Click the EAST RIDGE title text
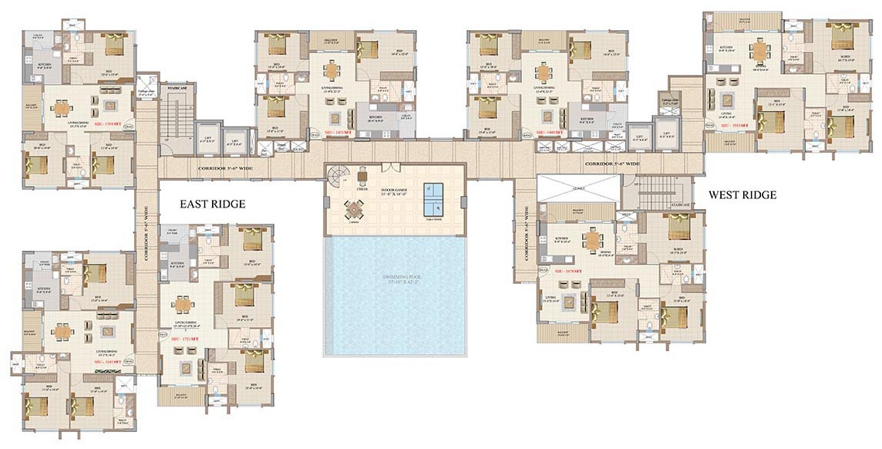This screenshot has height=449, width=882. point(213,204)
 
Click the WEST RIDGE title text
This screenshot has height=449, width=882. point(742,195)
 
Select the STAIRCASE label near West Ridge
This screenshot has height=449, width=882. point(679,204)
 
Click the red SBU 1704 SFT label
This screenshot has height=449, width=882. point(106,123)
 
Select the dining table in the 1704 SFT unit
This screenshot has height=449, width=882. point(62,108)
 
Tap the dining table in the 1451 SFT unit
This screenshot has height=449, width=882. point(332,72)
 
